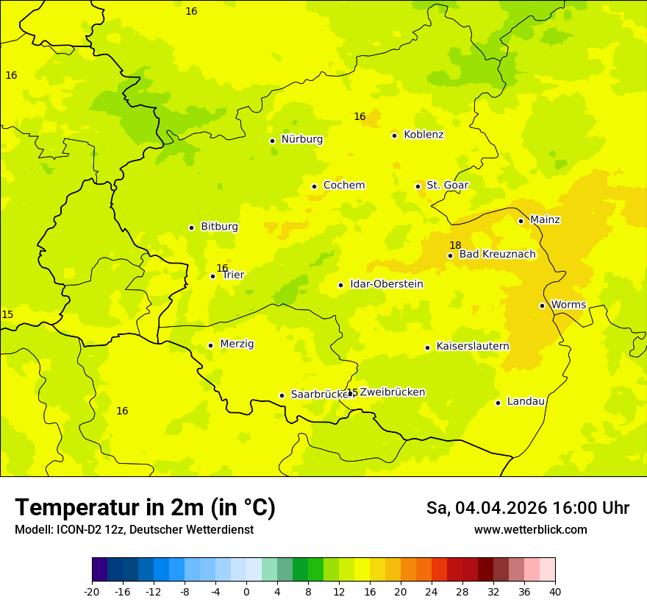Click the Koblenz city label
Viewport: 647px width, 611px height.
(423, 135)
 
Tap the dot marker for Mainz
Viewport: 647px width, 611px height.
(521, 221)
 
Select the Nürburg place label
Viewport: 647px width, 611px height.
(301, 139)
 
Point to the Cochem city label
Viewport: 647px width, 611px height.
(344, 186)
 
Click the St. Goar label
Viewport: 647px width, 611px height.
(447, 186)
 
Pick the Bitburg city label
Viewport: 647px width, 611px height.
(219, 227)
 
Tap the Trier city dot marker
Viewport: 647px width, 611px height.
(213, 277)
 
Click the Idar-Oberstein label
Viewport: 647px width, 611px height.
(386, 284)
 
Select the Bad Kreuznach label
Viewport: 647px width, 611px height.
(497, 255)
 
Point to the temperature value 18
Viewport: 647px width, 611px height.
(455, 245)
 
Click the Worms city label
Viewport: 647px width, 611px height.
(568, 305)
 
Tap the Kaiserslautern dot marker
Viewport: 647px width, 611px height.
(427, 347)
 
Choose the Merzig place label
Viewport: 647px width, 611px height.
(237, 345)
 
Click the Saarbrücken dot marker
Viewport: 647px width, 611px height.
(282, 395)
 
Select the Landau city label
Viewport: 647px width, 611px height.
(526, 401)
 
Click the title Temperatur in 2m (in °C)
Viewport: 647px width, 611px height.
(145, 508)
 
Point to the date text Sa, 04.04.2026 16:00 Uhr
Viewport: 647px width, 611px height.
(527, 508)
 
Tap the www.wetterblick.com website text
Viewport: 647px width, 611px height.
(530, 530)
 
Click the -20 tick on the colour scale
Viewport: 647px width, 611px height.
(92, 592)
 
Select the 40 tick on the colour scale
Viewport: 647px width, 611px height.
(555, 592)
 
